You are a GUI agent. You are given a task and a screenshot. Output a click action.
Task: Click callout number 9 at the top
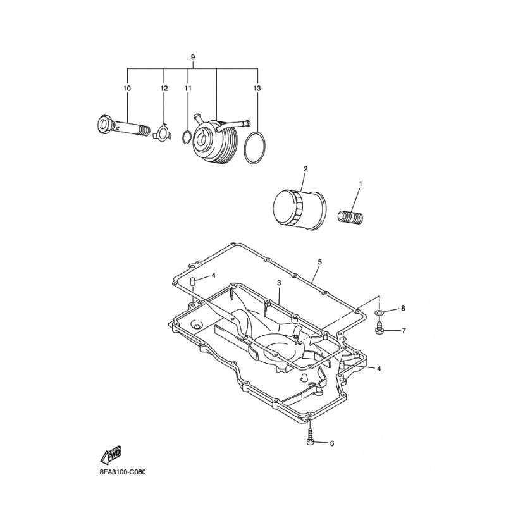[193, 57]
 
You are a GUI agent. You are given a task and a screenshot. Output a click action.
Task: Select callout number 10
[127, 88]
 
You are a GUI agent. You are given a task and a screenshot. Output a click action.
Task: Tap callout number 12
[164, 88]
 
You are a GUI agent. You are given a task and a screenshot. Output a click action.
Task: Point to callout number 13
[257, 88]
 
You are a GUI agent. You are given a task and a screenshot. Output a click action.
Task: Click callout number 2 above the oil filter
[305, 169]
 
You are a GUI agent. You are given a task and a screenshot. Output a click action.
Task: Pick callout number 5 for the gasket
[319, 262]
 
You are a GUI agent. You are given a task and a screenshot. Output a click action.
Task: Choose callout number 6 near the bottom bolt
[332, 444]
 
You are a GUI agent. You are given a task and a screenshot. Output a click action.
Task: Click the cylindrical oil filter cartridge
[299, 210]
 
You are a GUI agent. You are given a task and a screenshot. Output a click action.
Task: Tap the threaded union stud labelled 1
[350, 216]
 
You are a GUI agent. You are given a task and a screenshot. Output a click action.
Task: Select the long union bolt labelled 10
[123, 128]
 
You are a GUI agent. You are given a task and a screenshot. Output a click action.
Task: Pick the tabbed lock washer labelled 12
[164, 132]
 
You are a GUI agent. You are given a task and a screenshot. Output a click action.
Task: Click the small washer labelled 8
[379, 312]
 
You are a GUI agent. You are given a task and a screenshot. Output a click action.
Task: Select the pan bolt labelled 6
[309, 437]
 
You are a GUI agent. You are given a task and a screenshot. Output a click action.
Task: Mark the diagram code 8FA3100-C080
[122, 472]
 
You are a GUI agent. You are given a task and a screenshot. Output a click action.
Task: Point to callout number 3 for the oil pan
[279, 283]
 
